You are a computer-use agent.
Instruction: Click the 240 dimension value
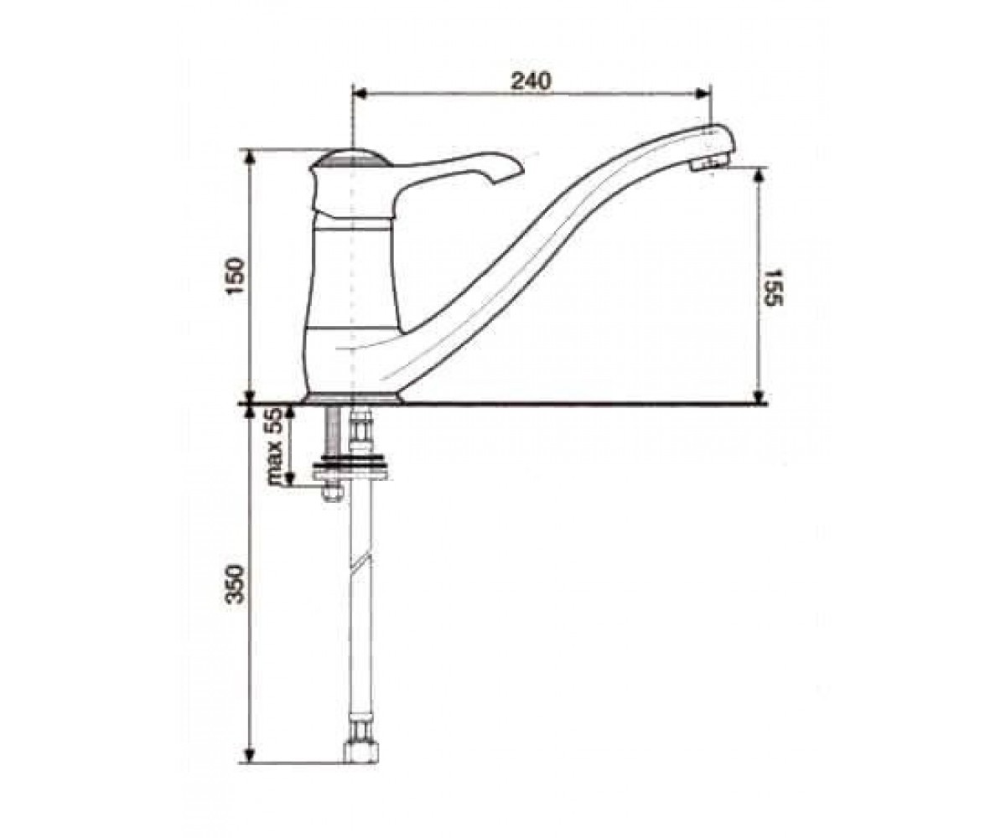(x=531, y=81)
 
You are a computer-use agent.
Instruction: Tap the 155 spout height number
(x=773, y=287)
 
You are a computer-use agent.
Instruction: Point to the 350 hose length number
(x=237, y=584)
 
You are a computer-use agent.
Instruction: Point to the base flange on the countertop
(x=353, y=397)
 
